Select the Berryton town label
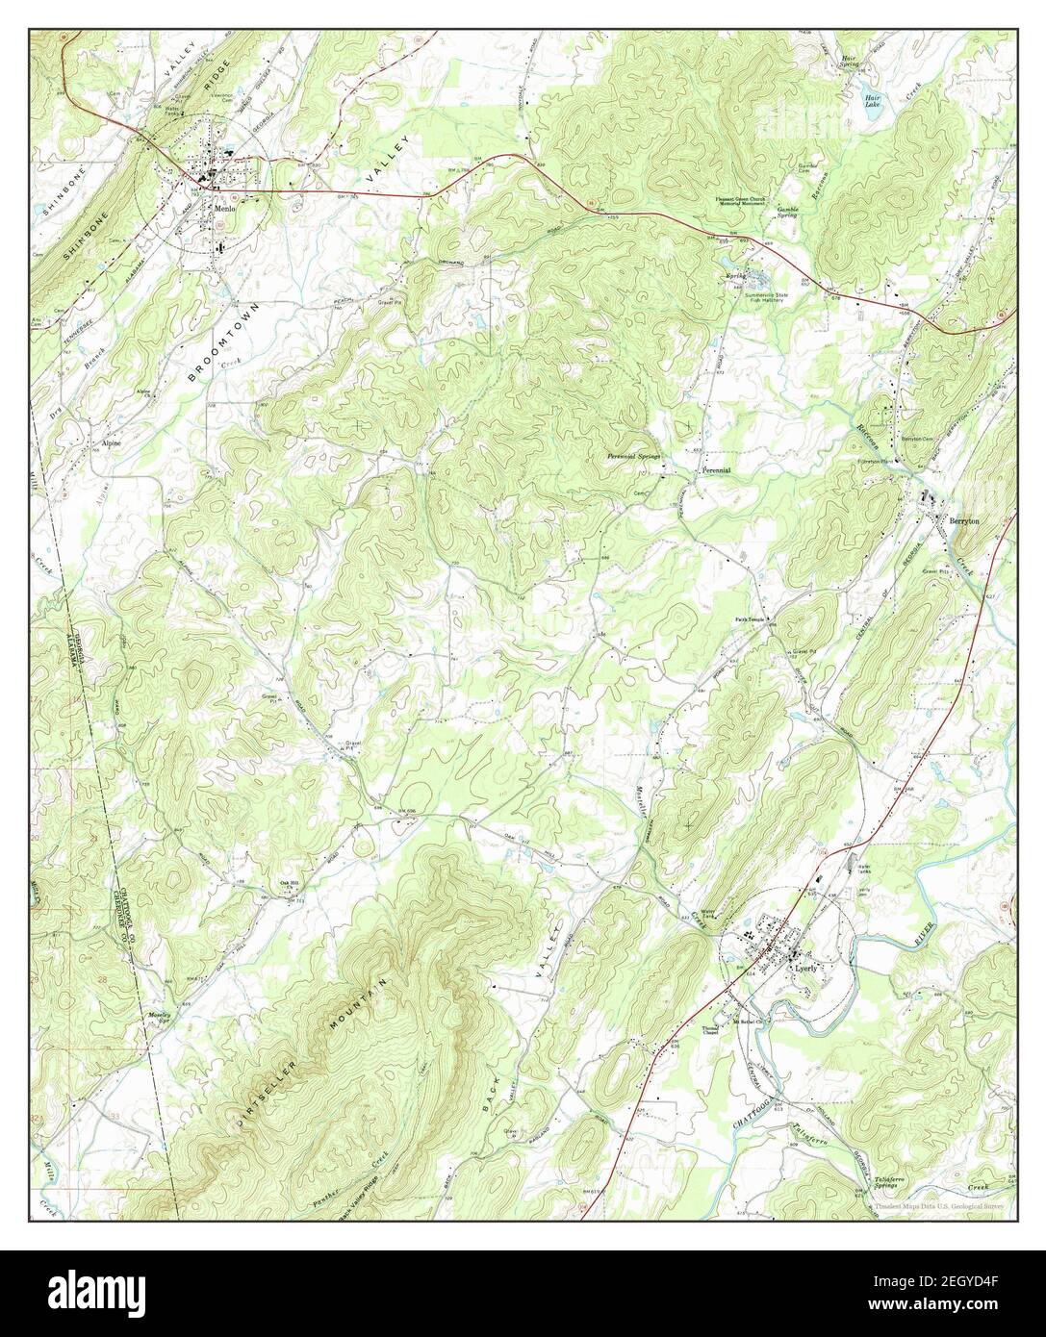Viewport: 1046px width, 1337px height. pos(963,519)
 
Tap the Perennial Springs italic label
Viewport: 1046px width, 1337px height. pos(633,457)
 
